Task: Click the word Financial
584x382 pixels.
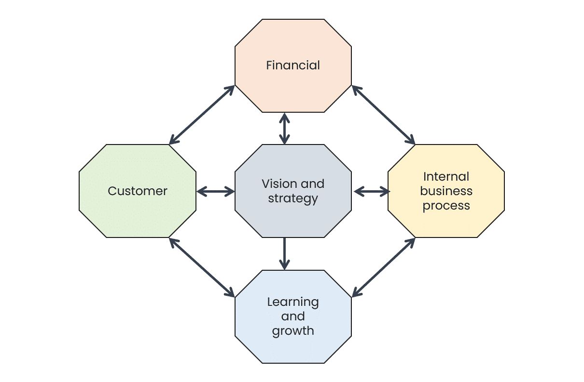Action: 293,66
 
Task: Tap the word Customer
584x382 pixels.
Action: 138,191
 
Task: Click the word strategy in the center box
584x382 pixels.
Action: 293,198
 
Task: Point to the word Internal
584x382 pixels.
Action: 446,177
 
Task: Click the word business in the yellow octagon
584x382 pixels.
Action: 446,191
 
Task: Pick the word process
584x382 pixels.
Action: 446,206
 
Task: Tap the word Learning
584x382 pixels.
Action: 293,302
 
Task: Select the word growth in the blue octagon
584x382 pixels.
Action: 293,331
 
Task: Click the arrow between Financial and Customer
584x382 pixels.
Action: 202,115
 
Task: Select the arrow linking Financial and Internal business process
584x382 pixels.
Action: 383,115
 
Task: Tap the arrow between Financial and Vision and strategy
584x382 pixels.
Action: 284,129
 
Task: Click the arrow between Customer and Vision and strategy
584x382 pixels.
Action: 216,192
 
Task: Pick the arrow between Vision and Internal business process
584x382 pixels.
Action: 372,192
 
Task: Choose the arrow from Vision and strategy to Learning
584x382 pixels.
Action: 284,254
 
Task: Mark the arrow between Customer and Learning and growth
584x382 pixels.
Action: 202,267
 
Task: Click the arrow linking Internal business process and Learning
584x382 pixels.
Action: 383,267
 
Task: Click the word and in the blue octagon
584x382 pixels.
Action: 293,316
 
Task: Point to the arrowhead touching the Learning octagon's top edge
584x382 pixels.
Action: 284,265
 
